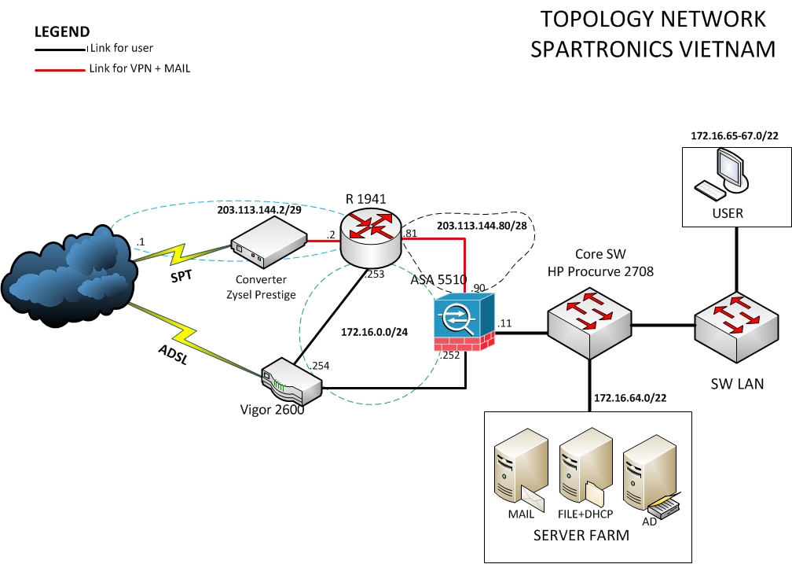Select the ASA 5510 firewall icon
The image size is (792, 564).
(464, 322)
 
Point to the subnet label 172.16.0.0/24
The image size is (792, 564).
(376, 333)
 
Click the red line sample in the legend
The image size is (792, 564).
(59, 69)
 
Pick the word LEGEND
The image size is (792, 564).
(62, 32)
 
